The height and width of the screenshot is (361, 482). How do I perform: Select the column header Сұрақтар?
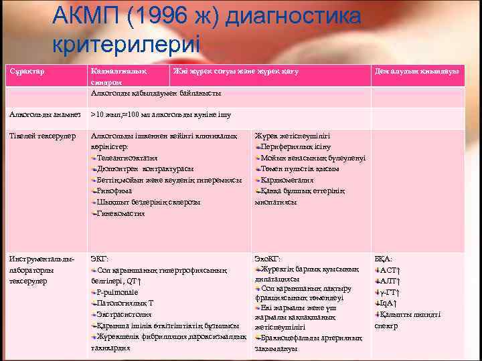(x=27, y=71)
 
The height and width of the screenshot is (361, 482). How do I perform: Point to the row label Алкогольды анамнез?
(x=45, y=115)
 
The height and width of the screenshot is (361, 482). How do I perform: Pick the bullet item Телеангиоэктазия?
(x=127, y=158)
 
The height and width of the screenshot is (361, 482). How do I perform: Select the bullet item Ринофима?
(x=114, y=191)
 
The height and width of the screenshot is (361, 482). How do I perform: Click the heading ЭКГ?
(x=99, y=259)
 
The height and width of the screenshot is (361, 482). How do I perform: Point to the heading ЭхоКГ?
(x=268, y=259)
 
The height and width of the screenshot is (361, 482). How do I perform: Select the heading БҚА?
(x=384, y=259)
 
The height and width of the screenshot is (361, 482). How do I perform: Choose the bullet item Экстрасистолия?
(x=124, y=314)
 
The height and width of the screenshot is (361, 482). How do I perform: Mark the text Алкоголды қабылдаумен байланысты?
(x=156, y=93)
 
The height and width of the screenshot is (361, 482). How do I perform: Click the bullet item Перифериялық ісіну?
(x=295, y=146)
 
